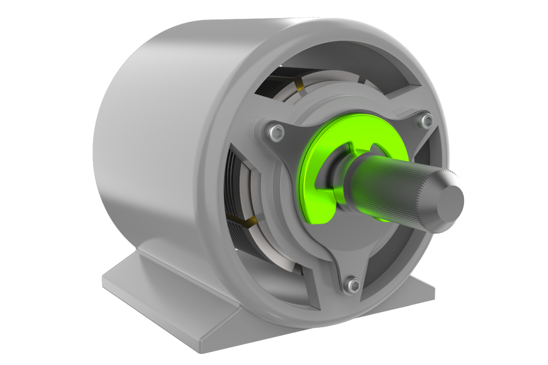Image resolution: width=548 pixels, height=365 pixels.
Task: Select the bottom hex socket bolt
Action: pos(351,283)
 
